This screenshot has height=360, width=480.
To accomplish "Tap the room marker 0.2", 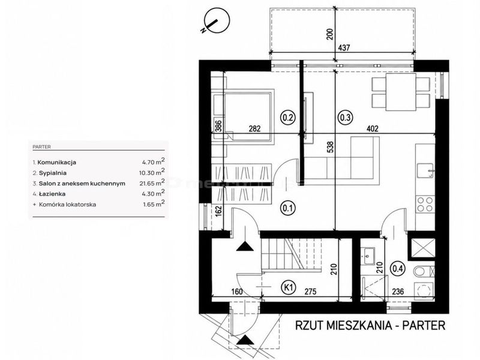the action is (x=288, y=117).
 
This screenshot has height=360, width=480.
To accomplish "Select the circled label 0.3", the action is (x=344, y=117).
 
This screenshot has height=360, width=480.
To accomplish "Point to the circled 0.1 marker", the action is (x=288, y=208).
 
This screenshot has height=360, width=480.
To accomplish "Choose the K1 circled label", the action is (x=289, y=287).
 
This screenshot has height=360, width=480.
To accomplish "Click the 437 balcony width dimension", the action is (x=344, y=48).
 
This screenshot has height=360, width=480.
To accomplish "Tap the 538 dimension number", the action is (x=331, y=147).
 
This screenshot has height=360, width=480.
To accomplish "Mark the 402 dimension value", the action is (x=372, y=128).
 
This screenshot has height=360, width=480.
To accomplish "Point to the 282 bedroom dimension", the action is (x=254, y=128).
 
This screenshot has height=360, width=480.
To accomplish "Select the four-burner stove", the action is (x=425, y=205).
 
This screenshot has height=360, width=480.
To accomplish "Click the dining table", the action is (x=400, y=92).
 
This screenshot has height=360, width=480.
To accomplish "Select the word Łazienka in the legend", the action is (x=52, y=194).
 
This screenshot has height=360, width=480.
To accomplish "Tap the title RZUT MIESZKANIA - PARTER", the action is (x=370, y=325).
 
